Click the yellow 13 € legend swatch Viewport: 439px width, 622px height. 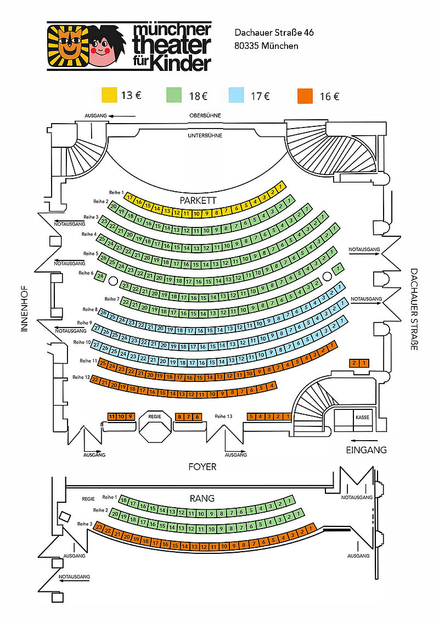(x=109, y=95)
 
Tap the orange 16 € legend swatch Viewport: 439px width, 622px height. (x=305, y=96)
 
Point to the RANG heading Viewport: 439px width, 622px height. (x=202, y=498)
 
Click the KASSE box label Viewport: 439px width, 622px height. (x=362, y=417)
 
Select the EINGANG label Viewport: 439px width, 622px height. (x=366, y=449)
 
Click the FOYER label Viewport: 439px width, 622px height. (x=202, y=466)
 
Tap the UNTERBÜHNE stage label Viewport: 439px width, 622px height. (x=205, y=135)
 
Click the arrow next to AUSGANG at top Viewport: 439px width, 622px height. (x=122, y=116)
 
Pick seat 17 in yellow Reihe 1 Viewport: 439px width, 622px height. (x=130, y=197)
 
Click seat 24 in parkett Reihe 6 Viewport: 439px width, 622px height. (x=100, y=277)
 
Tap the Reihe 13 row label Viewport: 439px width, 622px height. (x=224, y=416)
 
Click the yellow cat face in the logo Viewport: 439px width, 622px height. (x=67, y=47)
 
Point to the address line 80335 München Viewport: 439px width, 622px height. (x=266, y=46)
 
